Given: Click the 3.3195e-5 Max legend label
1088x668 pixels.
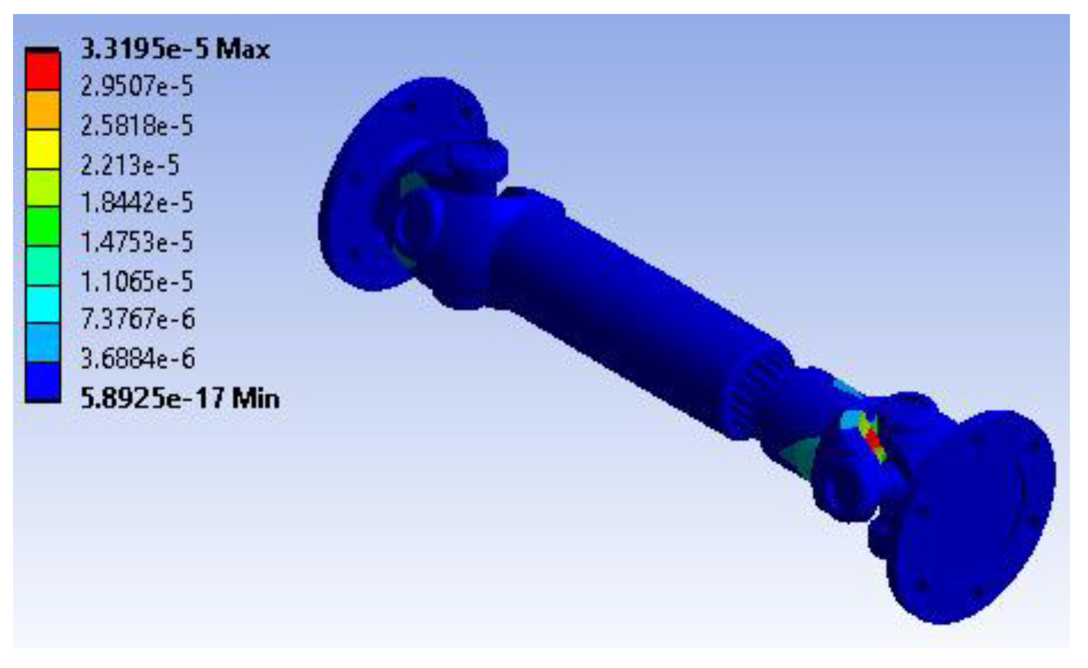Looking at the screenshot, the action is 176,49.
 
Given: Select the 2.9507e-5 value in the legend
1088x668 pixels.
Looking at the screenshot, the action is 137,86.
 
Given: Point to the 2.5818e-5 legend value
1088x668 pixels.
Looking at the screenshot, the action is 137,125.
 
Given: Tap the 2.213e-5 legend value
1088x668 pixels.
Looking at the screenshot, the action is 130,164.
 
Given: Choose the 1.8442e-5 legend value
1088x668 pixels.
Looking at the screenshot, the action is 137,203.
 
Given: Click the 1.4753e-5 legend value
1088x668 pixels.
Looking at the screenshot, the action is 137,242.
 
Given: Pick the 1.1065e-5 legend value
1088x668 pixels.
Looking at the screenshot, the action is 137,281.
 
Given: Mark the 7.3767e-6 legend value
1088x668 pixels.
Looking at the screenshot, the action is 138,319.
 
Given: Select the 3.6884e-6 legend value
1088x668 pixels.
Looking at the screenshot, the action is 138,358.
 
